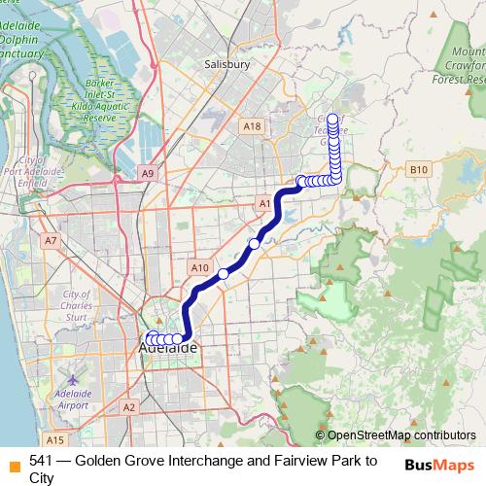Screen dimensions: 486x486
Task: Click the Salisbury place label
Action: (227, 64)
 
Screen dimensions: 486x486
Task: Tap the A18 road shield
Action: (253, 126)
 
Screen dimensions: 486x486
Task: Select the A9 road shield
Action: (147, 173)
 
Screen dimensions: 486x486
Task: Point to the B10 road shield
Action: (419, 169)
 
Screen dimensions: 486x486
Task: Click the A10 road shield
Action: (200, 267)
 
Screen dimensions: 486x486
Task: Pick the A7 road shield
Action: (51, 239)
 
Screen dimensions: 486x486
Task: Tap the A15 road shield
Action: (54, 439)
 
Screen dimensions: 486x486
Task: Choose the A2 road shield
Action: (129, 407)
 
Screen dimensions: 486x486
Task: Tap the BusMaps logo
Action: (438, 465)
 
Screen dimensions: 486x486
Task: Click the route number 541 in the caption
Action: (41, 461)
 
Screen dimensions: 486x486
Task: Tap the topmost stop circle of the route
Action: (334, 121)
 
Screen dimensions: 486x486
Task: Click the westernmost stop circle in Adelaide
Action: (150, 338)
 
